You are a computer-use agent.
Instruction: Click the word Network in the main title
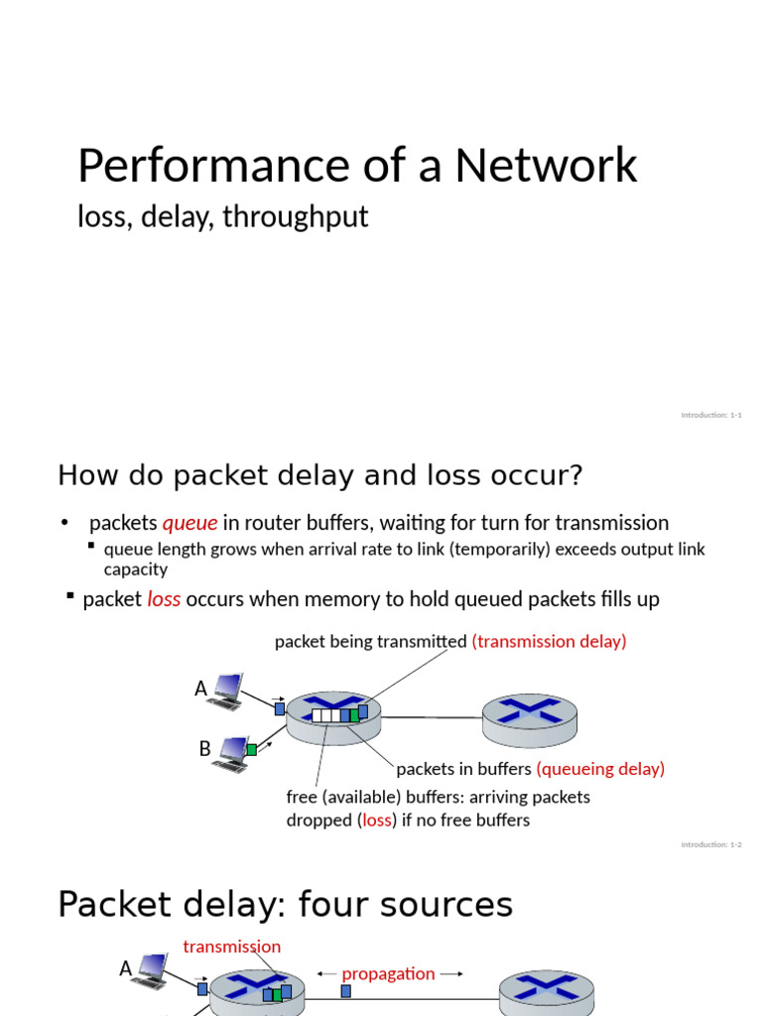546,166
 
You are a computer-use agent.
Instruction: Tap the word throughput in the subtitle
296,216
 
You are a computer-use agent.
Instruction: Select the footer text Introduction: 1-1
711,415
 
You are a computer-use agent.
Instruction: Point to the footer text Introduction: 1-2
711,844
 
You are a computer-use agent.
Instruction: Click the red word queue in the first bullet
190,523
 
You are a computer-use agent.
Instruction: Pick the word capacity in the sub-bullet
136,570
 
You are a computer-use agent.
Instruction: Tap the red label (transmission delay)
549,642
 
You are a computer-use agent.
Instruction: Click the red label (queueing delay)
600,769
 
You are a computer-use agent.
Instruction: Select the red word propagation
388,974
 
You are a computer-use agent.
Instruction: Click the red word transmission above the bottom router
232,947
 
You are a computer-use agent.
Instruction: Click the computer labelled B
232,754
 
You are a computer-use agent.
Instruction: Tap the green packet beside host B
252,749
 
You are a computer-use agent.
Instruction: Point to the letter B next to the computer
204,749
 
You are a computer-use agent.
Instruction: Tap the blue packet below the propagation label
345,990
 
